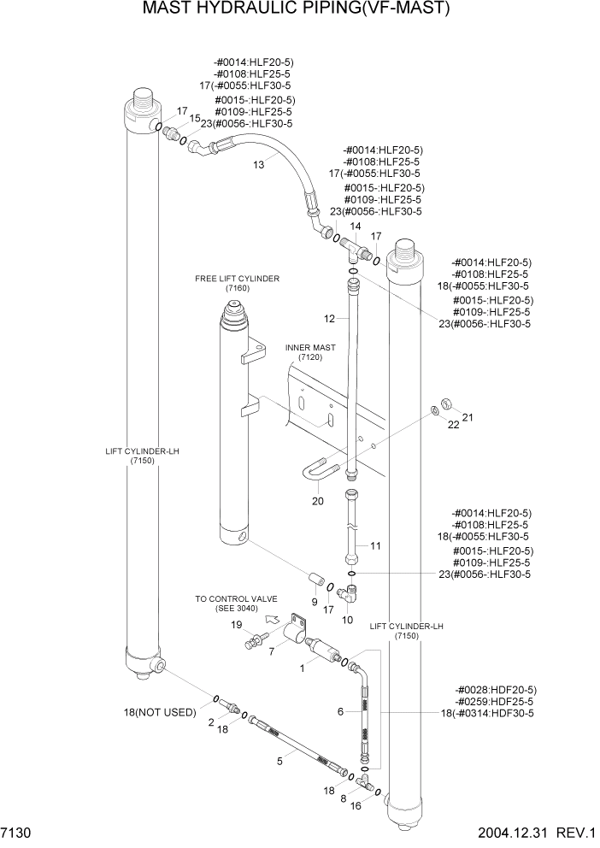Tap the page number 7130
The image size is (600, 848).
[x=17, y=832]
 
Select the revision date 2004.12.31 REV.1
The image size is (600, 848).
[x=528, y=832]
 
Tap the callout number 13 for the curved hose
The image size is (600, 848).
[x=258, y=166]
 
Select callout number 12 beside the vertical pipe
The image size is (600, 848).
[x=329, y=318]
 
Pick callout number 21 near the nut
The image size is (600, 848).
[x=467, y=417]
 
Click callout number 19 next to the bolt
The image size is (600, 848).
[x=235, y=627]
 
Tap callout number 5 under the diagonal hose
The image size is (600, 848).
[x=279, y=761]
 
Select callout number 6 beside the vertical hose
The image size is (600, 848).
[x=340, y=711]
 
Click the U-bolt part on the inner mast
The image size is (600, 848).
[x=321, y=470]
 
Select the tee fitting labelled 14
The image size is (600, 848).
[x=353, y=249]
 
